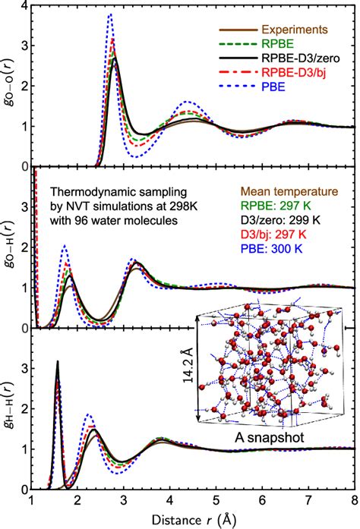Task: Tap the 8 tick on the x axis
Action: [355, 502]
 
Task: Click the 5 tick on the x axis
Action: [216, 502]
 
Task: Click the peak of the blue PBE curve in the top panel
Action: [110, 14]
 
